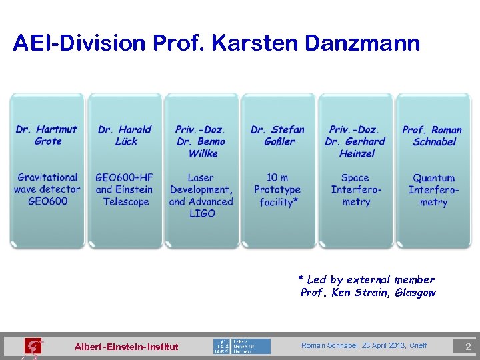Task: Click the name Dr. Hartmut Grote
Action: tap(47, 135)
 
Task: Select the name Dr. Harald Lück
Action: tap(125, 135)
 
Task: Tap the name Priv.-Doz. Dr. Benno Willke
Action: tap(201, 141)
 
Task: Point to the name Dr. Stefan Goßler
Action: tap(278, 135)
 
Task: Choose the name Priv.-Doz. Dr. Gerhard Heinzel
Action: tap(355, 141)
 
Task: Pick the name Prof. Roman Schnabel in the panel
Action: tap(433, 135)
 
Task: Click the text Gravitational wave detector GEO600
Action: tap(47, 189)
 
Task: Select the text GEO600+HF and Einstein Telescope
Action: tap(125, 189)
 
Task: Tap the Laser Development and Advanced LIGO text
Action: tap(201, 195)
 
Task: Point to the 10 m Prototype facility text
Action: tap(278, 189)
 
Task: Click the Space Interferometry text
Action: tap(355, 190)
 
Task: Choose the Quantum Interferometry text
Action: tap(433, 190)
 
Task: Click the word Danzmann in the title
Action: tap(363, 44)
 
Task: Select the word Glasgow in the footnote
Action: tap(415, 293)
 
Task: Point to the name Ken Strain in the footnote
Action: tap(360, 293)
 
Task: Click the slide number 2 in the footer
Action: tap(468, 347)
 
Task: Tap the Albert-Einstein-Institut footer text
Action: tap(127, 347)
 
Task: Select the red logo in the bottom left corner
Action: tap(32, 347)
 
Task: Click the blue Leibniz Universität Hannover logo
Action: tap(242, 346)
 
